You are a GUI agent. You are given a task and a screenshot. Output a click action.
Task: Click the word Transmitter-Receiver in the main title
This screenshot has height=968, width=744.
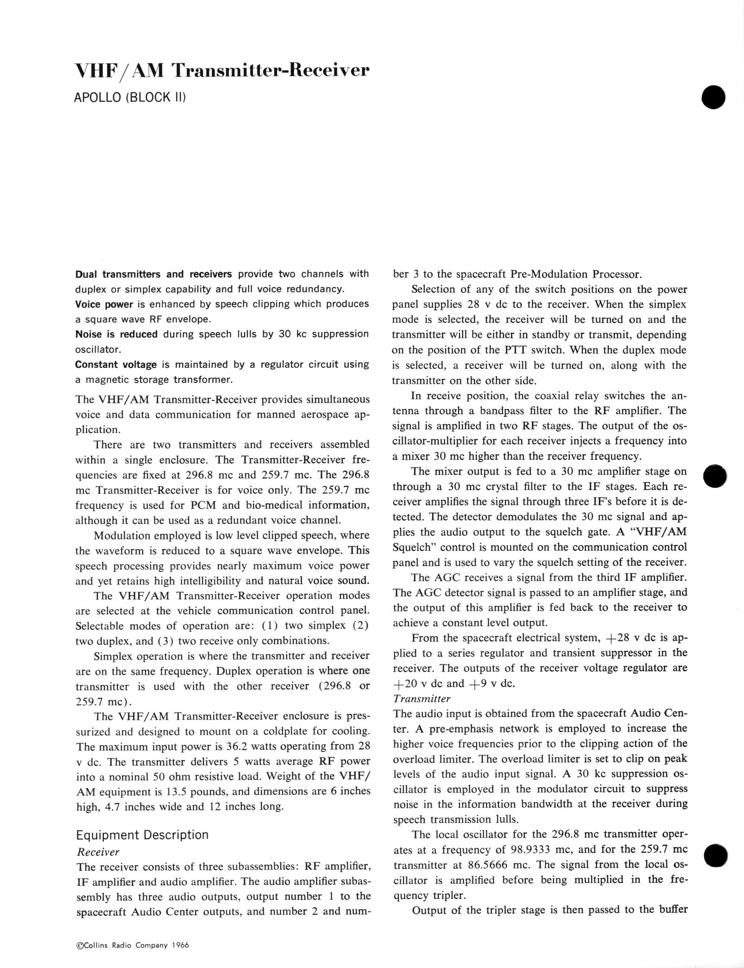click(271, 71)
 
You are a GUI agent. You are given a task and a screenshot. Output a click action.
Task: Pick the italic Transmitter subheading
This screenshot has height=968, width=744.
click(422, 698)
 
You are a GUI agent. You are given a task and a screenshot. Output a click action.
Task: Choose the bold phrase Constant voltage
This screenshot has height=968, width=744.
click(116, 364)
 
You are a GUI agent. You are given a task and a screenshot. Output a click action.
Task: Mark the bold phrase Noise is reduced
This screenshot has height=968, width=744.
click(116, 334)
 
